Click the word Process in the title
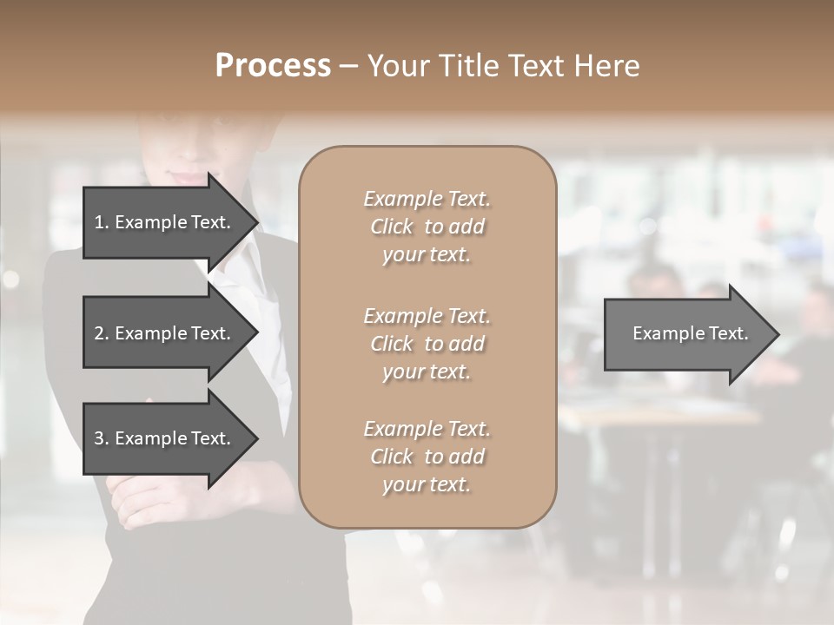click(273, 66)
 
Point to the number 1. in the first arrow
click(102, 222)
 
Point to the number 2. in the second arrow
click(102, 333)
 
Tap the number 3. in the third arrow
click(102, 438)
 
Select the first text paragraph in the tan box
click(427, 227)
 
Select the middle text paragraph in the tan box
click(427, 344)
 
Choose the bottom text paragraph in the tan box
click(427, 457)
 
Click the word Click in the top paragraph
click(392, 227)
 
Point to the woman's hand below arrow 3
click(139, 503)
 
